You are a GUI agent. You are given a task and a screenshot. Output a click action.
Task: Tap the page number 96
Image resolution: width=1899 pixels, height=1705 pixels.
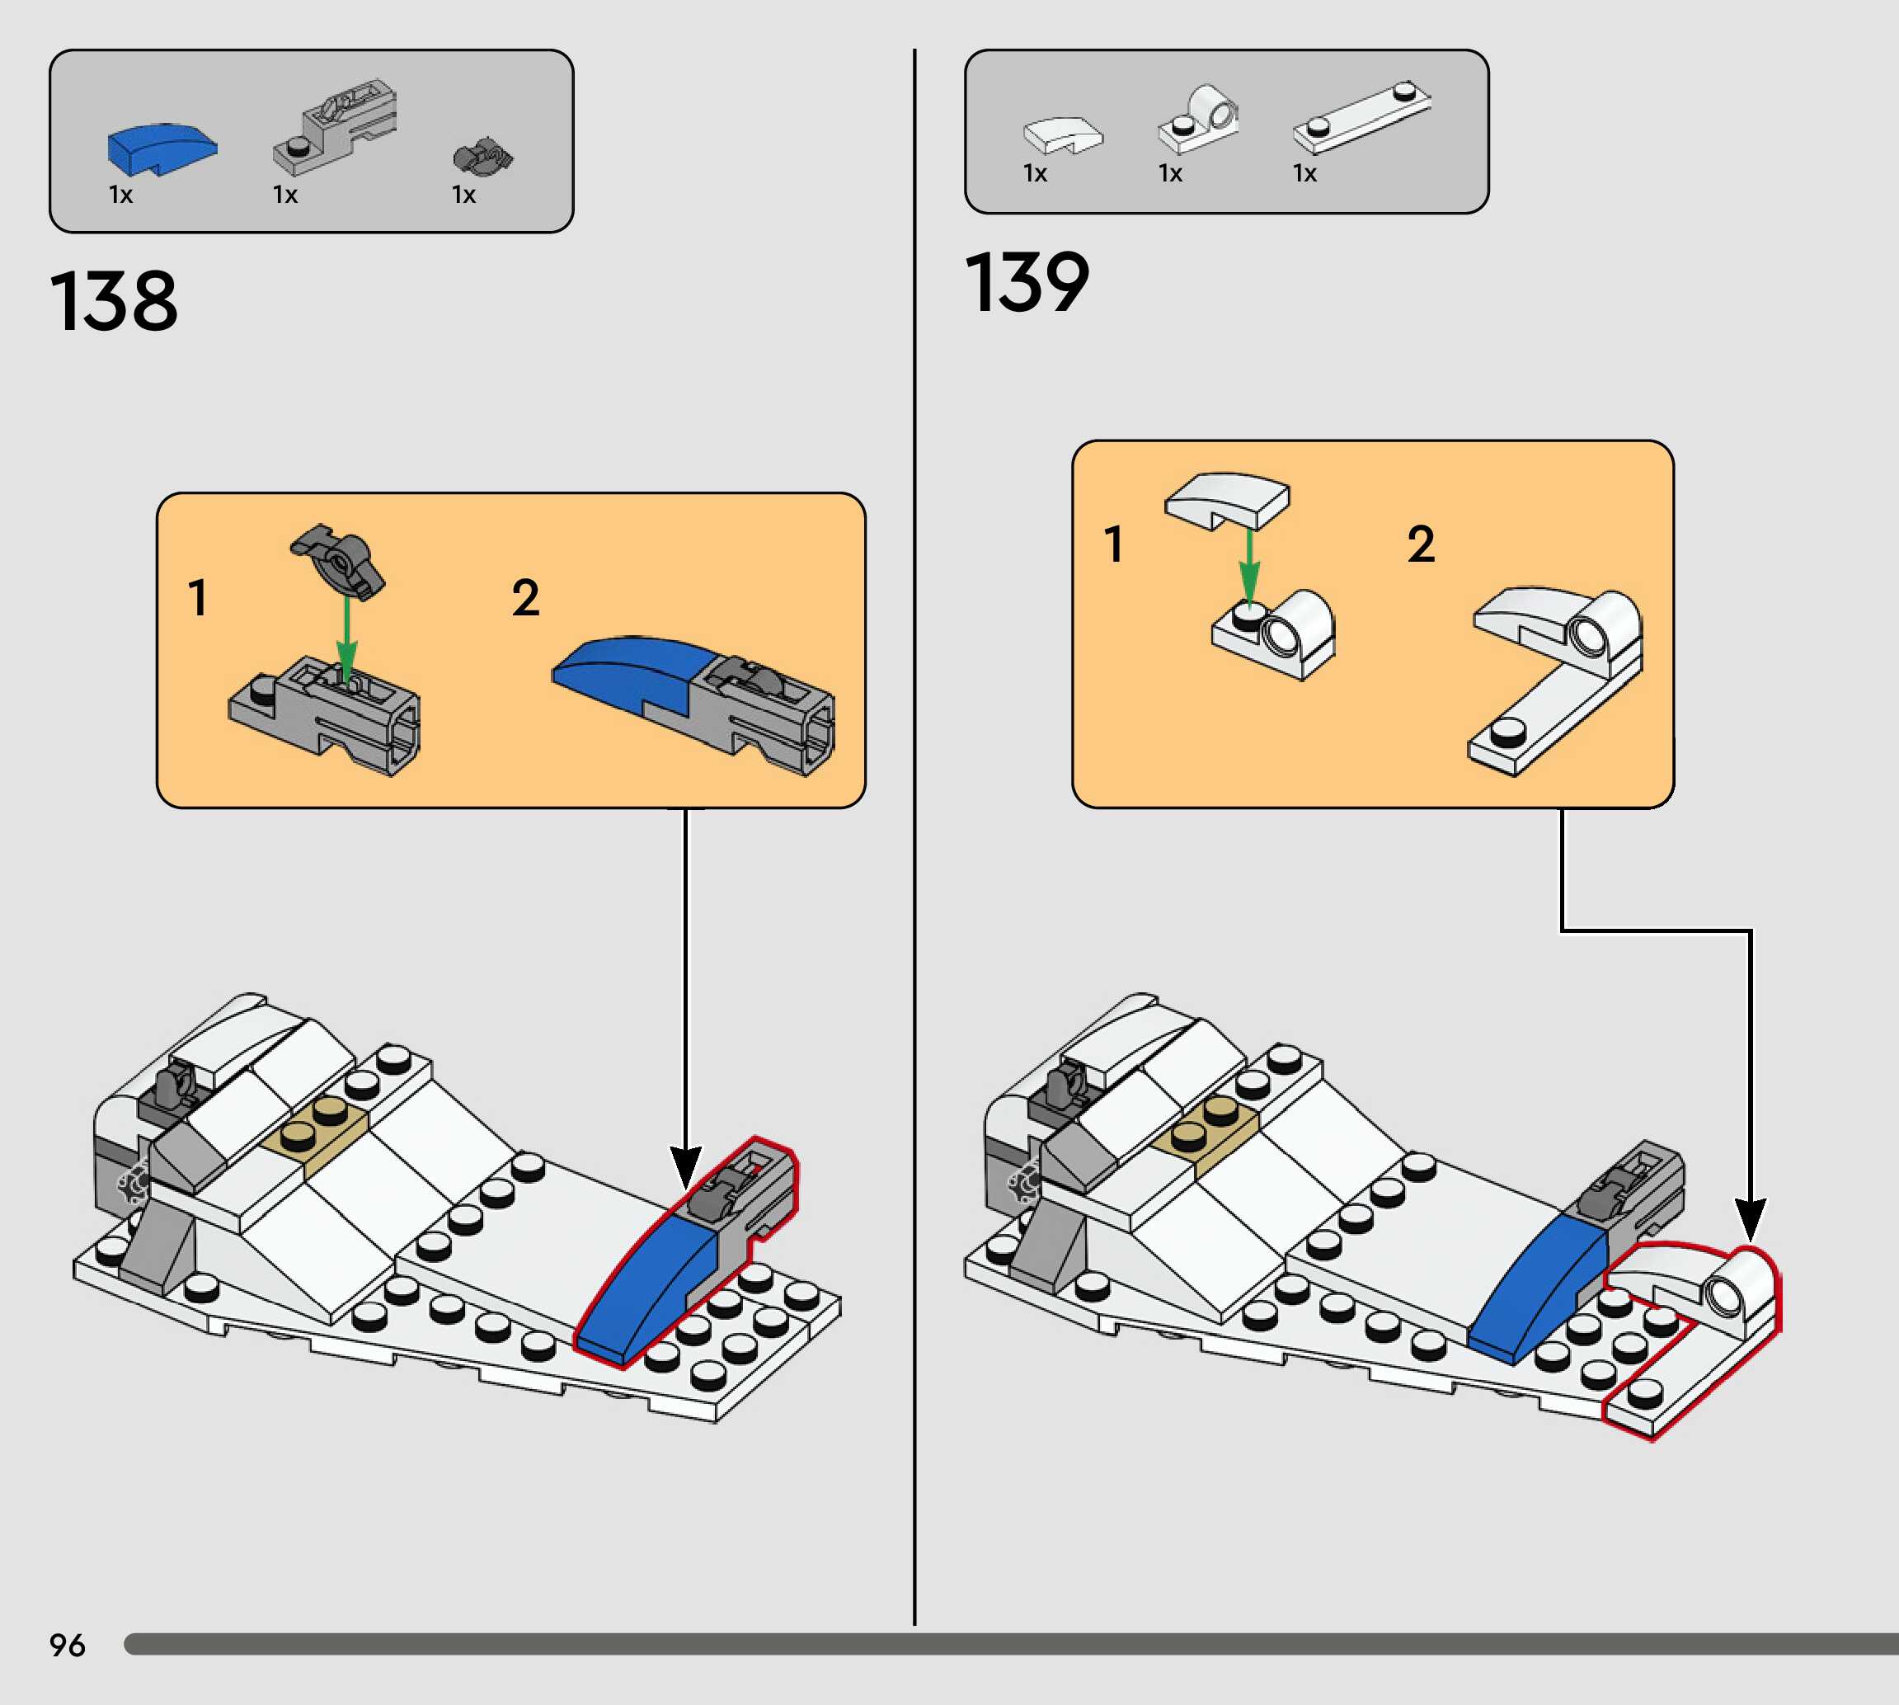(x=68, y=1645)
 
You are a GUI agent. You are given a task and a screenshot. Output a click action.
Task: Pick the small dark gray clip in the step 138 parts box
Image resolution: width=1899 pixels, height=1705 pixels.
(x=483, y=158)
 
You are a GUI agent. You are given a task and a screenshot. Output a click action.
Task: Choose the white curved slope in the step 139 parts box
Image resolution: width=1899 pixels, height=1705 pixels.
(x=1063, y=134)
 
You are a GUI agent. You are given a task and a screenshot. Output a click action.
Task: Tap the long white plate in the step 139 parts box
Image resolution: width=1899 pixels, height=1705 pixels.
(x=1362, y=116)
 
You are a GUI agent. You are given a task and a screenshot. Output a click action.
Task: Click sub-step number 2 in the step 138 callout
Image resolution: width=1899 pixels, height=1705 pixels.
(x=525, y=598)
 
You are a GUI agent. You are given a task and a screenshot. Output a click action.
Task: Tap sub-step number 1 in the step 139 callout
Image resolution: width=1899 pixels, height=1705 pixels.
(x=1113, y=544)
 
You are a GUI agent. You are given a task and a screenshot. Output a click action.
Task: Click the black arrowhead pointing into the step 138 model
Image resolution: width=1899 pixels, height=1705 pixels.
(x=685, y=1166)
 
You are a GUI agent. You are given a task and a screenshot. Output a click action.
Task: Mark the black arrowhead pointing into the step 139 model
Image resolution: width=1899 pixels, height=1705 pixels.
(x=1750, y=1220)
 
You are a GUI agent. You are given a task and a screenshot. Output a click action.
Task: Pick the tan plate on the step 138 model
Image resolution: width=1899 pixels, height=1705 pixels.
(x=317, y=1129)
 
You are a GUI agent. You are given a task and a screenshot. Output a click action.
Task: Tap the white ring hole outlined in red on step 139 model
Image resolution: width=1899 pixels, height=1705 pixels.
(x=1721, y=1297)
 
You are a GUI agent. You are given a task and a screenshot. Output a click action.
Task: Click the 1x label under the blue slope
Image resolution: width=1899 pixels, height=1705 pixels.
(x=120, y=195)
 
